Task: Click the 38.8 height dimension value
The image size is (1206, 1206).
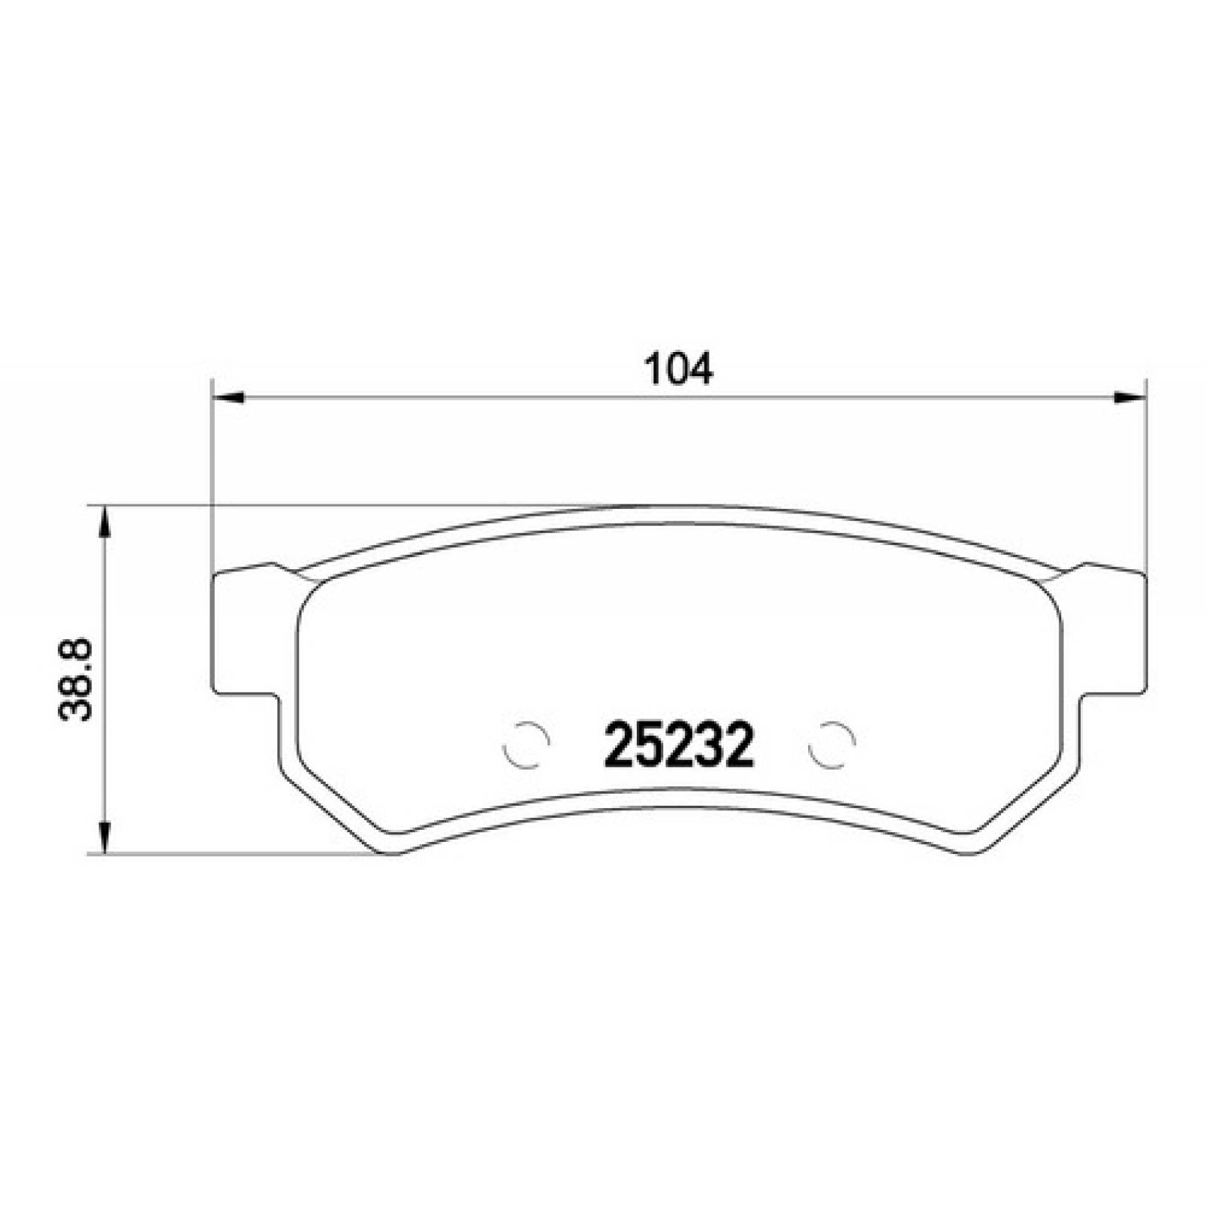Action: coord(75,679)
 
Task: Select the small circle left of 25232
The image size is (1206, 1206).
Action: coord(525,744)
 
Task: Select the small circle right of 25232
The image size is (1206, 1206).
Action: coord(831,744)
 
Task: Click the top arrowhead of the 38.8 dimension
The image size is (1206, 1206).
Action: coord(106,522)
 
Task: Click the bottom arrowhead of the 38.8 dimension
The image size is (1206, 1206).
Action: coord(106,837)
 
